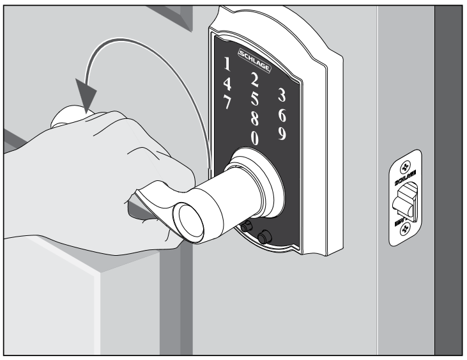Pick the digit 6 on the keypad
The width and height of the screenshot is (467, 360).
282,114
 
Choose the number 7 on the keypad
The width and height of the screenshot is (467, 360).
227,101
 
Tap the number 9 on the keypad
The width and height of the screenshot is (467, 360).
282,134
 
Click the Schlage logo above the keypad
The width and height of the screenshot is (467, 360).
254,56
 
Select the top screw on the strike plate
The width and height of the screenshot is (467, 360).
404,165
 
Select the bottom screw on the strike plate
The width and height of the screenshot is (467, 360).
404,232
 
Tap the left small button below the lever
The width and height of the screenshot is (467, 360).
246,226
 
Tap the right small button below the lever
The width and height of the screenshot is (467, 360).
262,237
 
